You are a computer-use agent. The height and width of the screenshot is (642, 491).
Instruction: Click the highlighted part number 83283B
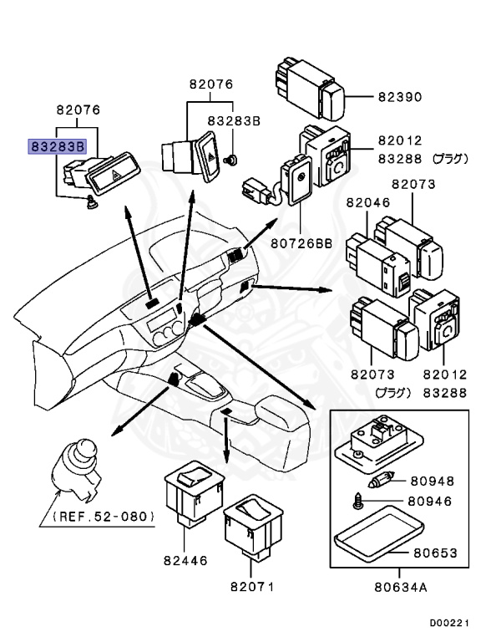click(58, 145)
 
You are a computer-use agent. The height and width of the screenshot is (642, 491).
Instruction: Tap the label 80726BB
click(300, 243)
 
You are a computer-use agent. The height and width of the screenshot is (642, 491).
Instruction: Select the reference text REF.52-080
click(106, 517)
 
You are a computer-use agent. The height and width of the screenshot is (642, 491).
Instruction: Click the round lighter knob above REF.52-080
click(78, 466)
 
